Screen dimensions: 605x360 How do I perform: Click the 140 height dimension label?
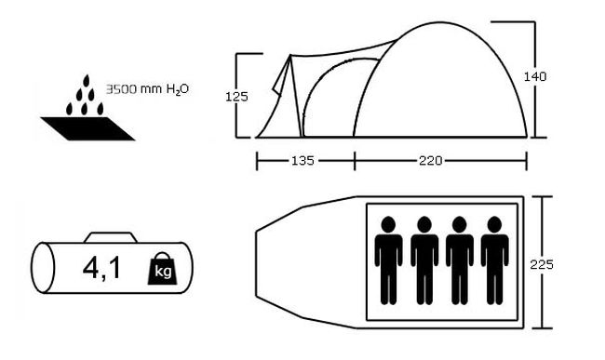(535, 76)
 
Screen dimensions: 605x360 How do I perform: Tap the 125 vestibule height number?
(236, 97)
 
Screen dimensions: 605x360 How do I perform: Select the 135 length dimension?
(302, 160)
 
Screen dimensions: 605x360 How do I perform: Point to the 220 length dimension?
(431, 160)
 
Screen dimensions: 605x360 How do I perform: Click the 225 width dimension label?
(542, 264)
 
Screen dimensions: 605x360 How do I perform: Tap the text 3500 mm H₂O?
(147, 89)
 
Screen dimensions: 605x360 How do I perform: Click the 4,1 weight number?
(101, 268)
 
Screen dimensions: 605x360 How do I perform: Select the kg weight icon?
(163, 269)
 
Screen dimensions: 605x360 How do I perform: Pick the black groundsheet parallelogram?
(87, 128)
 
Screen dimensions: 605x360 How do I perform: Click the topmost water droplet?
(86, 81)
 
